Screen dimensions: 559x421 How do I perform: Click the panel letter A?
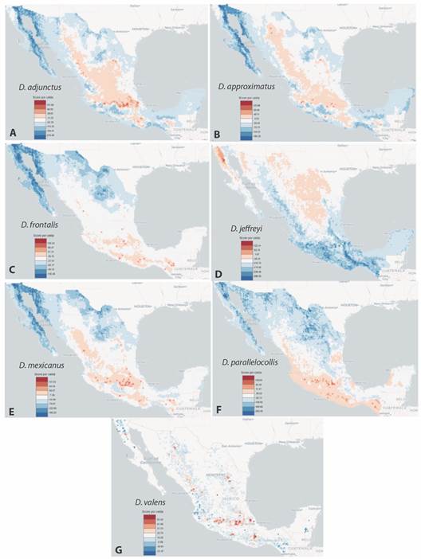point(10,133)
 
